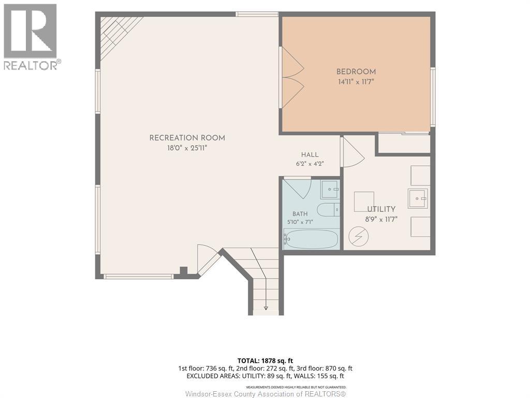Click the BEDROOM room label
356,72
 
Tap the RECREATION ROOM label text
187,138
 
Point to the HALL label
310,154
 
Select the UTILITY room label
381,209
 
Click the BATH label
300,214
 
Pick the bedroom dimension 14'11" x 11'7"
356,82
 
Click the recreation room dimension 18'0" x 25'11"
187,148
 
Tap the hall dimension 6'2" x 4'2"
310,164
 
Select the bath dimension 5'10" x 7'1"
300,222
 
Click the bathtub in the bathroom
311,238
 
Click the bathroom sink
330,190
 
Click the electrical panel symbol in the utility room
358,236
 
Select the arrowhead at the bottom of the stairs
266,308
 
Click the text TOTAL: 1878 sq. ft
265,361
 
